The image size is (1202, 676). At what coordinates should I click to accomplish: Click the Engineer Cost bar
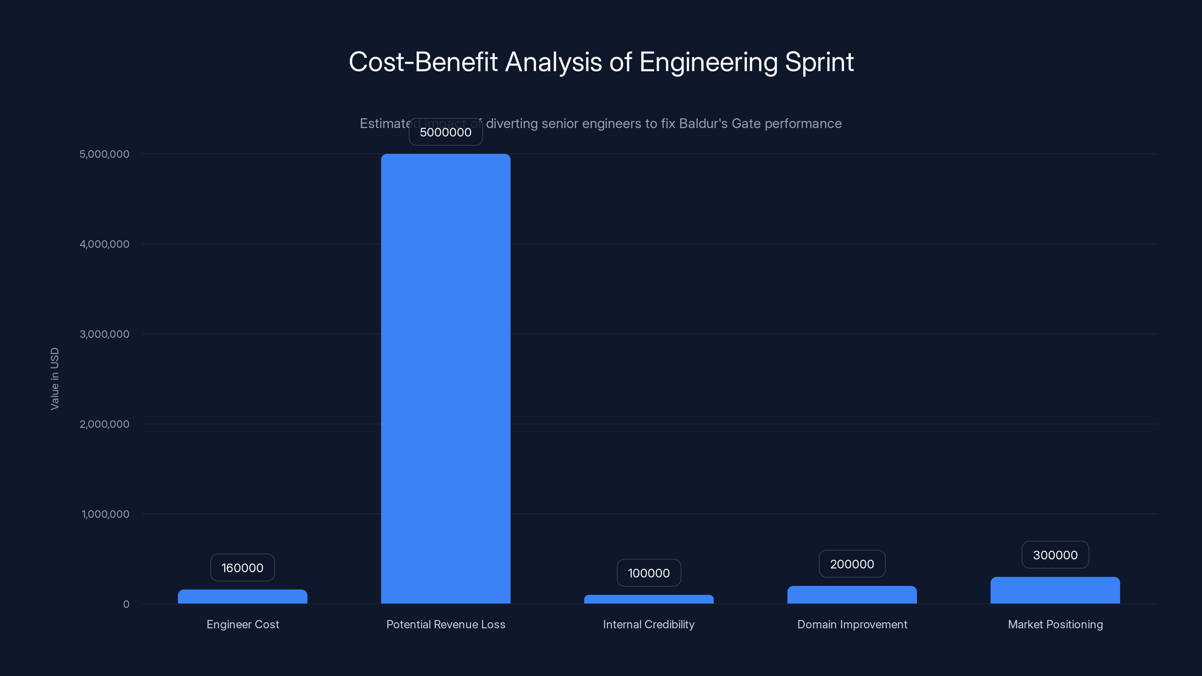[242, 597]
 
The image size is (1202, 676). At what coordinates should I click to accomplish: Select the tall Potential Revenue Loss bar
[445, 378]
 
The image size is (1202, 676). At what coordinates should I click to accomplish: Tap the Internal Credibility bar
[649, 599]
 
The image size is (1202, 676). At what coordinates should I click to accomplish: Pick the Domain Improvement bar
[852, 595]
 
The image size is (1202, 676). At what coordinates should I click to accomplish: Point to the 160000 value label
[242, 568]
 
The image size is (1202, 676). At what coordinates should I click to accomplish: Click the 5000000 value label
[445, 132]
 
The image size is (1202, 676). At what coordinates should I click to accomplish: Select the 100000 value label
[649, 573]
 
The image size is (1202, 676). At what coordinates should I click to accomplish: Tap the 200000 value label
[852, 564]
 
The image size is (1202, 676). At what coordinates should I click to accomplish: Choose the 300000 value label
[1055, 555]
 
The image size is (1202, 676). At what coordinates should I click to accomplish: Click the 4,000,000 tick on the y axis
[104, 244]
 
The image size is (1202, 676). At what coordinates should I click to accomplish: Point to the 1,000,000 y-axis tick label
[106, 514]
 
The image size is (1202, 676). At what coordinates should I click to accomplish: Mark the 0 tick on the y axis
[126, 604]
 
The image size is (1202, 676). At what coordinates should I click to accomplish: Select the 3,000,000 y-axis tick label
[104, 334]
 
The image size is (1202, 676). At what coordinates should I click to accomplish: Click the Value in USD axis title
[54, 379]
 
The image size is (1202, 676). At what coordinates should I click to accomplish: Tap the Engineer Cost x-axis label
[243, 624]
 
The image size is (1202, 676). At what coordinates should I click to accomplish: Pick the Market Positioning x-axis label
[1056, 624]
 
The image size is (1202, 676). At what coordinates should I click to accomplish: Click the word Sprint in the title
[819, 62]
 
